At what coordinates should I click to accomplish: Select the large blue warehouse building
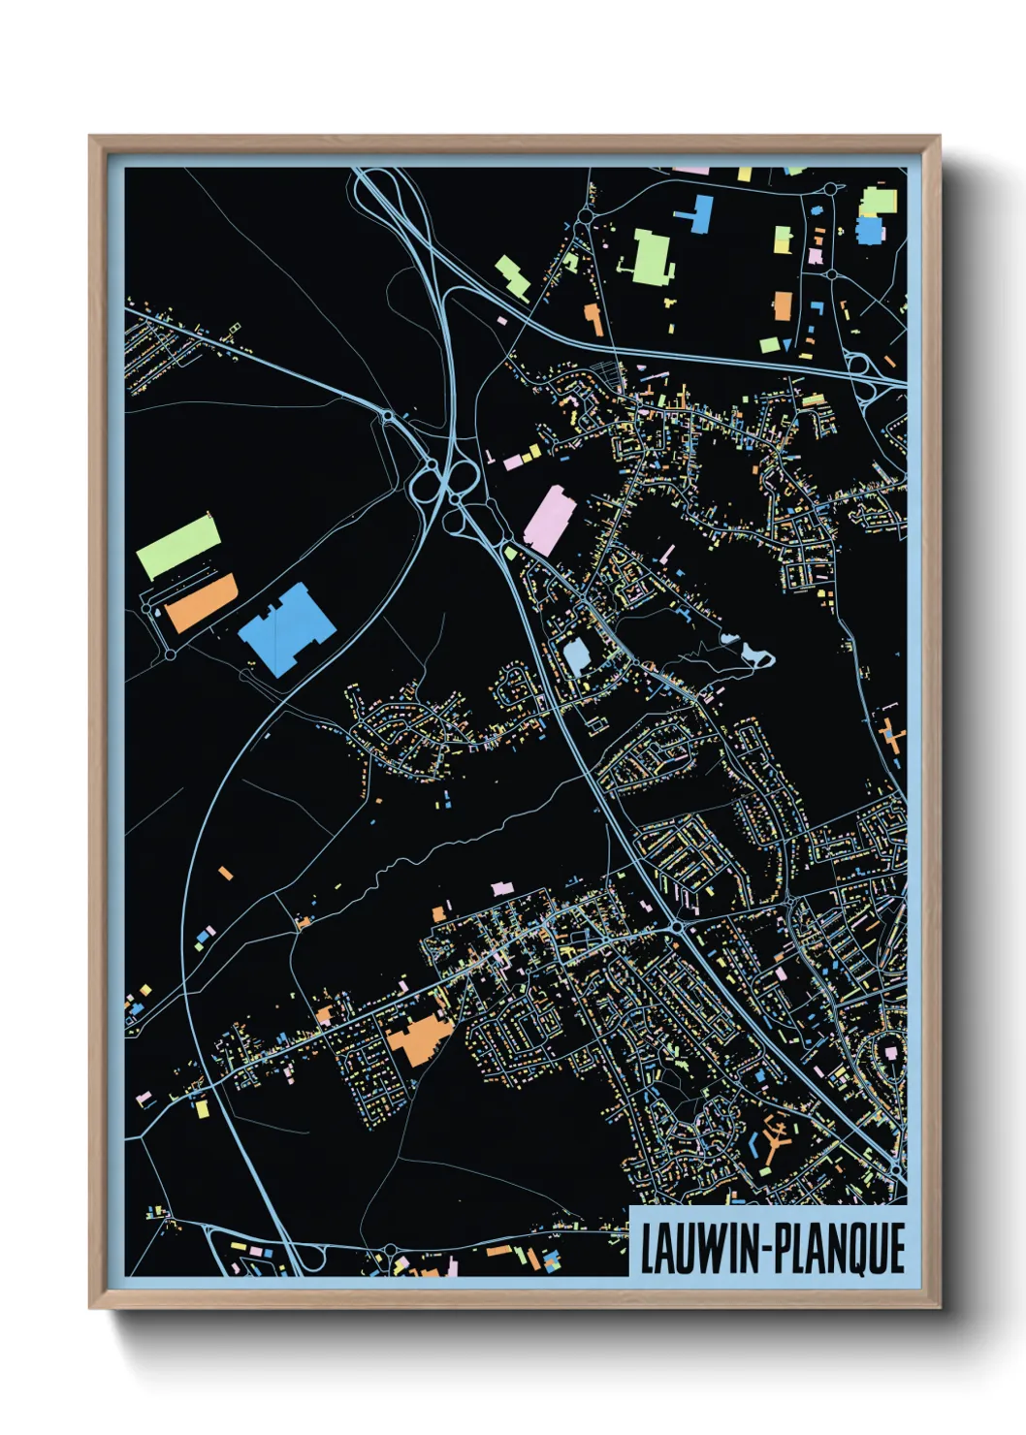click(x=287, y=628)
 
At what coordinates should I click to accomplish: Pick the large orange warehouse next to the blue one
click(x=201, y=602)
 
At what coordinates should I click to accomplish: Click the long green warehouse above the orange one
click(x=178, y=546)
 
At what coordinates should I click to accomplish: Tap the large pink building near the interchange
click(x=550, y=521)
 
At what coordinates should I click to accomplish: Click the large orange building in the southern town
click(x=420, y=1040)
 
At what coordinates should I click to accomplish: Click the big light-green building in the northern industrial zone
click(x=653, y=257)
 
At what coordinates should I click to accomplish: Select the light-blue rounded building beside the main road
click(x=576, y=656)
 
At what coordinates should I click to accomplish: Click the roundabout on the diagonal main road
click(x=678, y=927)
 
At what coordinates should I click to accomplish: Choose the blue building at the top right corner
click(x=870, y=231)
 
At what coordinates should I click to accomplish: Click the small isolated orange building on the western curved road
click(x=226, y=874)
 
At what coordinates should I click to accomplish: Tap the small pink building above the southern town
click(x=500, y=887)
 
